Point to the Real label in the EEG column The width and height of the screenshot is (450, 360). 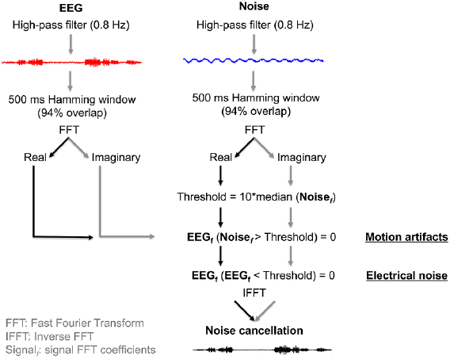(x=32, y=157)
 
